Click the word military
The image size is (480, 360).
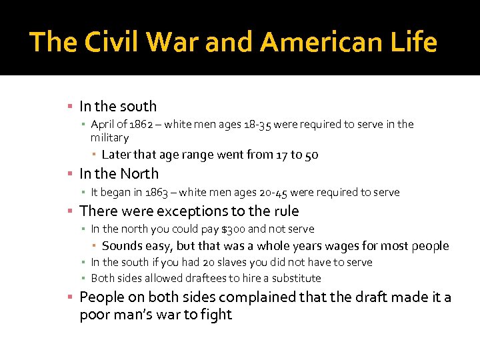point(109,137)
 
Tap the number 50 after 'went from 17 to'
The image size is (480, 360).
point(311,155)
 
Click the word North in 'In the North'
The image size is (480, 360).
point(139,174)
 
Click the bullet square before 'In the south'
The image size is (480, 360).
point(70,107)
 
